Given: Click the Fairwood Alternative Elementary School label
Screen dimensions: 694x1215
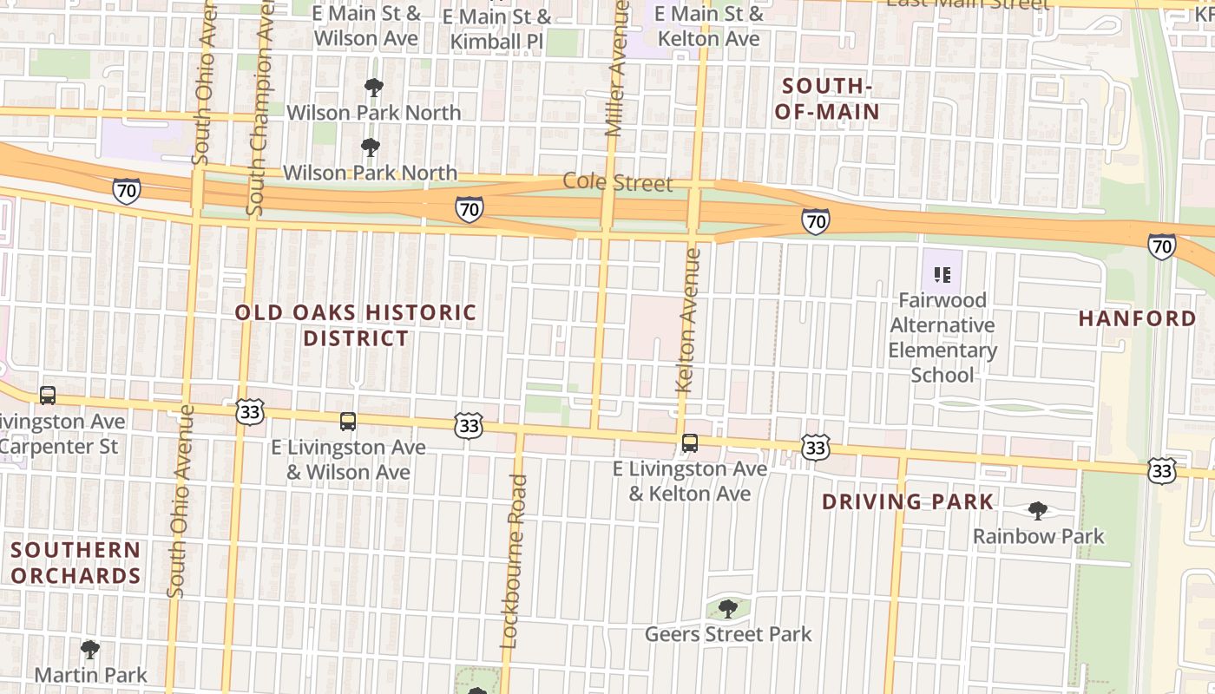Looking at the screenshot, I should tap(942, 337).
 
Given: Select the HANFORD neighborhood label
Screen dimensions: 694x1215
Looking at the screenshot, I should tap(1137, 318).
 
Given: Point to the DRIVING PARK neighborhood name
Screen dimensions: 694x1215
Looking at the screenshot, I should tap(907, 501).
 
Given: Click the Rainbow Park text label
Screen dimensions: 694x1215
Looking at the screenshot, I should tap(1038, 536).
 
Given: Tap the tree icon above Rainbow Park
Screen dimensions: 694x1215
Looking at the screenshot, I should tap(1037, 510).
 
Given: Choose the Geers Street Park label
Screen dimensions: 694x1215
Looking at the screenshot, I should tap(727, 634).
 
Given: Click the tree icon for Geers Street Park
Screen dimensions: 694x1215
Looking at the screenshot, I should tap(728, 609).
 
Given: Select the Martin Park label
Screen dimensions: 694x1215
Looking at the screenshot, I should tap(90, 674).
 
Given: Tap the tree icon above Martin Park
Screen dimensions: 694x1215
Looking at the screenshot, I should tap(89, 649).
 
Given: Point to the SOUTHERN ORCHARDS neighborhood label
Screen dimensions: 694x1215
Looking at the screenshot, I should tap(76, 562).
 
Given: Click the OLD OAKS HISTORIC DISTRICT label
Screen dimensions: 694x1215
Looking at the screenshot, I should tap(356, 324).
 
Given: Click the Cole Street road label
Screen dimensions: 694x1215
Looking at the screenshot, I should tap(617, 183).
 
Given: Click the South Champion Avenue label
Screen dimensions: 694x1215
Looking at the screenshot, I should tap(259, 108).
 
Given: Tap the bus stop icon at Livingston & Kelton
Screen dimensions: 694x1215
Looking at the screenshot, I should tap(689, 443).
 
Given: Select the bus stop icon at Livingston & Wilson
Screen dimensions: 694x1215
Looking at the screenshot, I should tap(347, 422).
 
